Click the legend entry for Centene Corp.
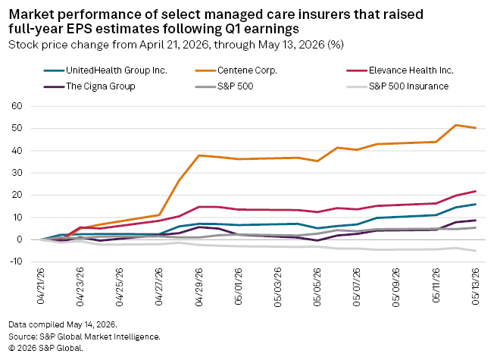[236, 70]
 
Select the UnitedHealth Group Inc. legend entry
[105, 70]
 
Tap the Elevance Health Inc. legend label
[400, 70]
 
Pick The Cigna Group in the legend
[89, 86]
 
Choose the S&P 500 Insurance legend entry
[397, 86]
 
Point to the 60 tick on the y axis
[17, 106]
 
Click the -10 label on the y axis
[15, 261]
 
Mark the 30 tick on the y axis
[17, 173]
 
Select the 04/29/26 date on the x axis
[198, 287]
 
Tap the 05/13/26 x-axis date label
[476, 286]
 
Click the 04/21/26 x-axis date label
[41, 286]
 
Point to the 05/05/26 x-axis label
[317, 287]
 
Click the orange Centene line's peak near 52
[456, 125]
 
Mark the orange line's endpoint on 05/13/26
[476, 127]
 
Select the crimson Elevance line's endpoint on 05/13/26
[476, 191]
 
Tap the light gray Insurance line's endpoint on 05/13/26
[476, 251]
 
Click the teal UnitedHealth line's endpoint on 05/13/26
[476, 205]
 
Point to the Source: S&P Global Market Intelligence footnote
[85, 337]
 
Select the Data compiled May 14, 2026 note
[63, 324]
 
